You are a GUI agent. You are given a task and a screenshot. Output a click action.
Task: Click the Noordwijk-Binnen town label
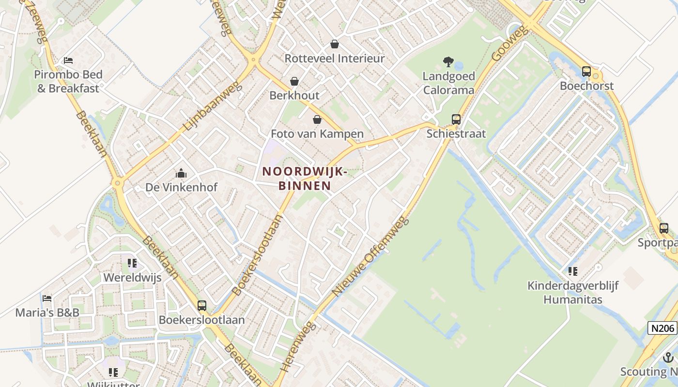304,178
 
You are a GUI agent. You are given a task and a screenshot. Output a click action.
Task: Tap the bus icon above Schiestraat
456,119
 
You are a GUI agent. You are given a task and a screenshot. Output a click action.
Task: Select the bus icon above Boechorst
586,72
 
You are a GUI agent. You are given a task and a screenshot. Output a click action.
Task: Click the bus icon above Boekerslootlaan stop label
202,305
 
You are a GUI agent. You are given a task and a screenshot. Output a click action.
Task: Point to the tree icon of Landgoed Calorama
448,62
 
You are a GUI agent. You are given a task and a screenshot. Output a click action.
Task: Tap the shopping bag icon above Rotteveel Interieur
334,45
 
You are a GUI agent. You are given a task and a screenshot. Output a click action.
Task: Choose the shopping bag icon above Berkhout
294,81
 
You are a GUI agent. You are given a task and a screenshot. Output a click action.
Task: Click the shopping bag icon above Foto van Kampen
317,119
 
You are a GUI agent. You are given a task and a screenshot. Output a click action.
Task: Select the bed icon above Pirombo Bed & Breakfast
68,60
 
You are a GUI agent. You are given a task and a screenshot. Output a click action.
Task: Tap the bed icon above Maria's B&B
47,298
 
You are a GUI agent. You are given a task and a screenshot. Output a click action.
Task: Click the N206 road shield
662,328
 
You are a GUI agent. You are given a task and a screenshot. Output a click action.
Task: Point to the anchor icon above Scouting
668,357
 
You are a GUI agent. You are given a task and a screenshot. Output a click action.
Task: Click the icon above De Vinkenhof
181,173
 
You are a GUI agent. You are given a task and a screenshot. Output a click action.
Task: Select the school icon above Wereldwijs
132,263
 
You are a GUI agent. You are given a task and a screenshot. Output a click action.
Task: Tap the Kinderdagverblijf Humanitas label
573,293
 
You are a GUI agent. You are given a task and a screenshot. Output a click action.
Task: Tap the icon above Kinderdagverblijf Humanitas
573,271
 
